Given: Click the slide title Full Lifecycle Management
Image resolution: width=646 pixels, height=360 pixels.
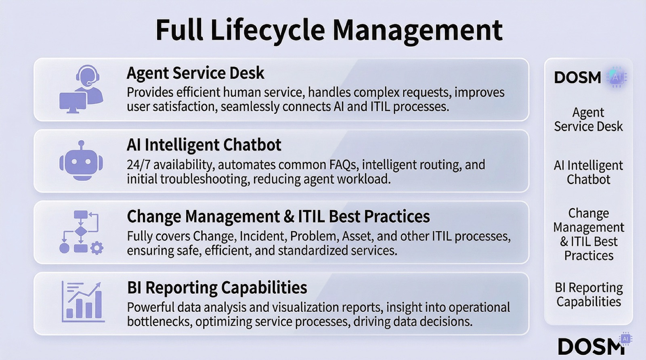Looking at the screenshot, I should [x=329, y=30].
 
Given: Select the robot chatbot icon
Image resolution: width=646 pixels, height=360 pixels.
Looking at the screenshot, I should [x=81, y=161].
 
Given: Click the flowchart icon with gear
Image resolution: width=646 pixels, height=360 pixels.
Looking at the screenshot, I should [x=81, y=232].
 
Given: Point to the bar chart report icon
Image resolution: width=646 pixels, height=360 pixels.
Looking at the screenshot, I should [x=83, y=302].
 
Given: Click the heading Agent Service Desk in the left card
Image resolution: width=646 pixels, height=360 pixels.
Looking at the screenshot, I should [x=195, y=73].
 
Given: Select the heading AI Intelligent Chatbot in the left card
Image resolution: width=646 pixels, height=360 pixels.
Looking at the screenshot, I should [x=204, y=145].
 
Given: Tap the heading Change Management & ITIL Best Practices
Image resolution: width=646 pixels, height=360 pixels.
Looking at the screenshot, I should [x=278, y=217].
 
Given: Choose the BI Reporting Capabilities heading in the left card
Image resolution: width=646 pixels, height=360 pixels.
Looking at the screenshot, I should [x=217, y=288].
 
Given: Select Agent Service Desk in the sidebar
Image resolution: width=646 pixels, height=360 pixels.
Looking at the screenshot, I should [x=588, y=119].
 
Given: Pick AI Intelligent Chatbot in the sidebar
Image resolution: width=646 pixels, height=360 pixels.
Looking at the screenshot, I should [x=588, y=172].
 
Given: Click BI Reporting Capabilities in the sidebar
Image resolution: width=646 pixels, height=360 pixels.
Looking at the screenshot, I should [x=589, y=295].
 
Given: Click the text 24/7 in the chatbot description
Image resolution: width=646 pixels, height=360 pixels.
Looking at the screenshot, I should [x=138, y=165].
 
